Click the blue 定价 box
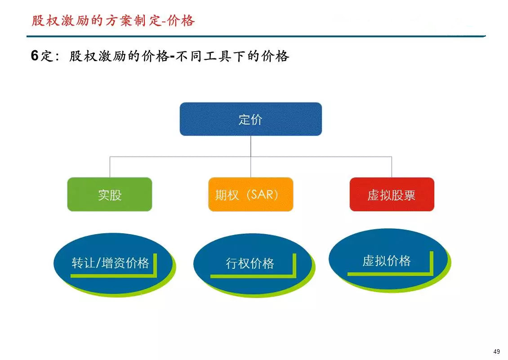click(x=251, y=119)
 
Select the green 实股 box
click(x=110, y=195)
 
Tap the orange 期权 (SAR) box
click(x=251, y=195)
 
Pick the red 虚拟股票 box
click(x=392, y=195)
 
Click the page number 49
click(x=496, y=351)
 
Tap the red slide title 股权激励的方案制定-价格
click(x=113, y=20)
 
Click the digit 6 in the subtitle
click(x=35, y=55)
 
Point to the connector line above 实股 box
click(x=110, y=167)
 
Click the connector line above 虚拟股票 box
click(x=392, y=167)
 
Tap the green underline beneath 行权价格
click(x=253, y=276)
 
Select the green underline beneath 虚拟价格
click(x=390, y=274)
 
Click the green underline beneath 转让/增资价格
click(x=113, y=276)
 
